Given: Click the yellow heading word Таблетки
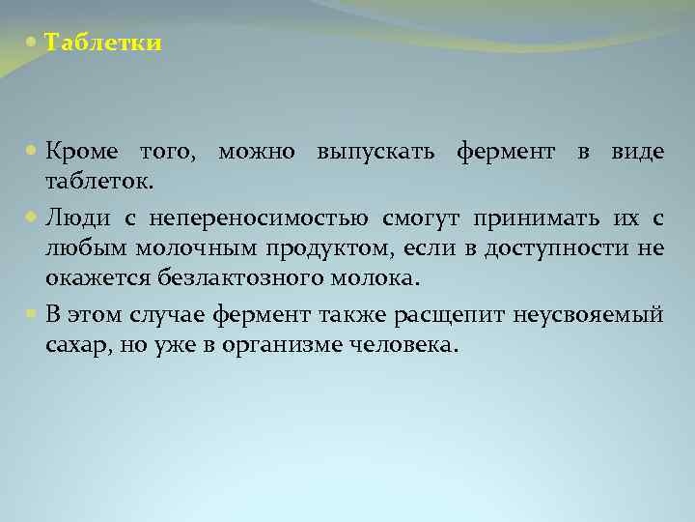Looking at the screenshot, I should coord(103,43).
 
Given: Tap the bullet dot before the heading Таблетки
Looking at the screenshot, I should coord(34,43).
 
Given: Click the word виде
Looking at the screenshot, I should coord(637,152).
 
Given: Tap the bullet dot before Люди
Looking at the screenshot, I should coord(34,216).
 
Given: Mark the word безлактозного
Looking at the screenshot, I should coord(230,280).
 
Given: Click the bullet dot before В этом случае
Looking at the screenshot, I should coord(34,313).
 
